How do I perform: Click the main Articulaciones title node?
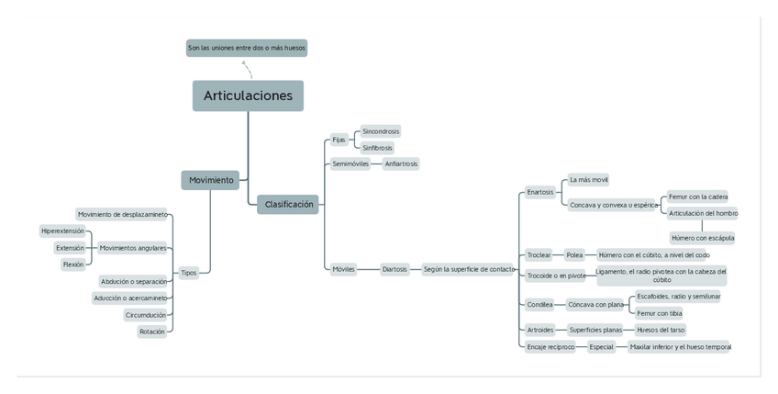(248, 96)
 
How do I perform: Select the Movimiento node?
(211, 180)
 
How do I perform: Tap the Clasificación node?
(289, 204)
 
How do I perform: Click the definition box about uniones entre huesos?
(247, 48)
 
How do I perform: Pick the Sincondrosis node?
(381, 131)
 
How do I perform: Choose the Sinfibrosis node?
(377, 147)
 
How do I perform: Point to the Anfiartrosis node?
(401, 163)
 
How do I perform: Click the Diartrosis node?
(395, 269)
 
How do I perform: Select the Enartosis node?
(540, 192)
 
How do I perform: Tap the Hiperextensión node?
(62, 231)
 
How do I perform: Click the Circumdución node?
(146, 315)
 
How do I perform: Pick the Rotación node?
(152, 332)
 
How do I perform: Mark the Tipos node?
(188, 273)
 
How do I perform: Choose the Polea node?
(574, 254)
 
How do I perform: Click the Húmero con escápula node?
(702, 238)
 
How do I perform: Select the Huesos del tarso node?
(661, 330)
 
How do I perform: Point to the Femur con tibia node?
(660, 313)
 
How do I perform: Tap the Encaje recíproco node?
(550, 347)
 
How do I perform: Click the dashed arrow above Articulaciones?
(246, 68)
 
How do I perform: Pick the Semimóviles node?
(350, 163)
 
